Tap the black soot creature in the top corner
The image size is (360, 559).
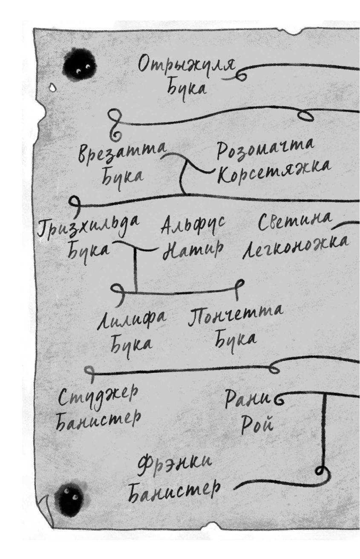pos(80,66)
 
